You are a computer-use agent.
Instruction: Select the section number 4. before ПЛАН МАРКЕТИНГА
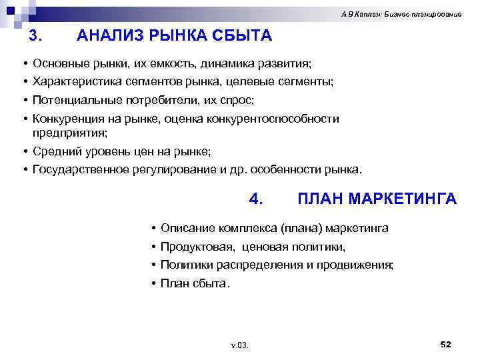257,199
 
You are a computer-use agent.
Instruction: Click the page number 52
446,343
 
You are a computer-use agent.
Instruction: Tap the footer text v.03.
239,345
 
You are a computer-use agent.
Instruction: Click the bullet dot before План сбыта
154,283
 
